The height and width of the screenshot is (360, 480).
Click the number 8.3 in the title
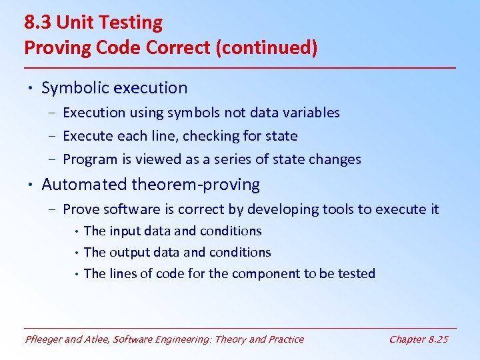click(37, 23)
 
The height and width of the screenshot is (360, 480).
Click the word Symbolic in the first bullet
click(73, 88)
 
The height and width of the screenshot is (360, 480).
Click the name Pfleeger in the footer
click(44, 339)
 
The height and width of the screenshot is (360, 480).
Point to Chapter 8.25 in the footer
click(419, 339)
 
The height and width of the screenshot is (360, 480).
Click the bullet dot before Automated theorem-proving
click(30, 185)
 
